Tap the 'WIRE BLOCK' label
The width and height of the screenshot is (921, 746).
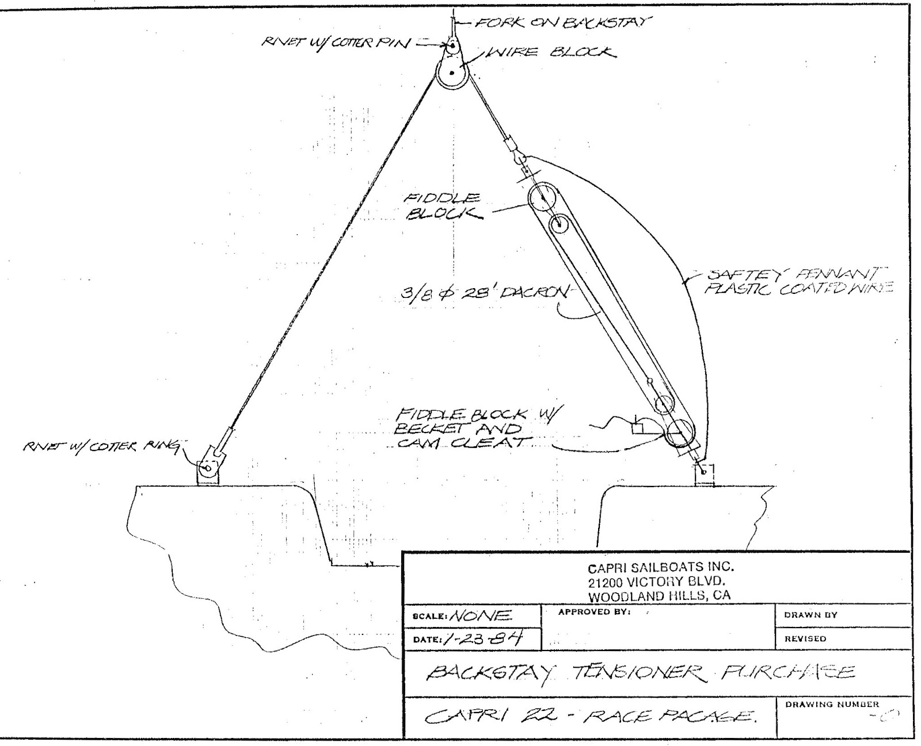[x=551, y=53]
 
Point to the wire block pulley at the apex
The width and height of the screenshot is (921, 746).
[x=452, y=74]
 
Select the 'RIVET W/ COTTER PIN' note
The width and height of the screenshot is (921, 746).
[x=337, y=44]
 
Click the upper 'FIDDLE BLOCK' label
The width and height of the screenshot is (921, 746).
[x=442, y=206]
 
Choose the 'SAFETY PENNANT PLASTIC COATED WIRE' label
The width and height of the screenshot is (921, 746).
[x=797, y=280]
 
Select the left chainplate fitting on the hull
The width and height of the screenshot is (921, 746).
[x=207, y=472]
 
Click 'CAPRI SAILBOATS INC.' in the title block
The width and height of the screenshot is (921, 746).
[x=661, y=568]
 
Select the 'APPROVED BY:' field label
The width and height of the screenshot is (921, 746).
[x=595, y=612]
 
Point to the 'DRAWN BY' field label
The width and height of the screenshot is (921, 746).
[x=810, y=615]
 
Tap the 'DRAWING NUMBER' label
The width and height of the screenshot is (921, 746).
[x=832, y=704]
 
